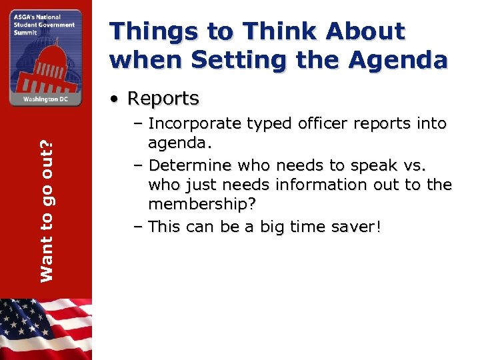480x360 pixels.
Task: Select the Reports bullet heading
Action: tap(163, 99)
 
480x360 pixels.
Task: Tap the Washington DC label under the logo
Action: tap(45, 99)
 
